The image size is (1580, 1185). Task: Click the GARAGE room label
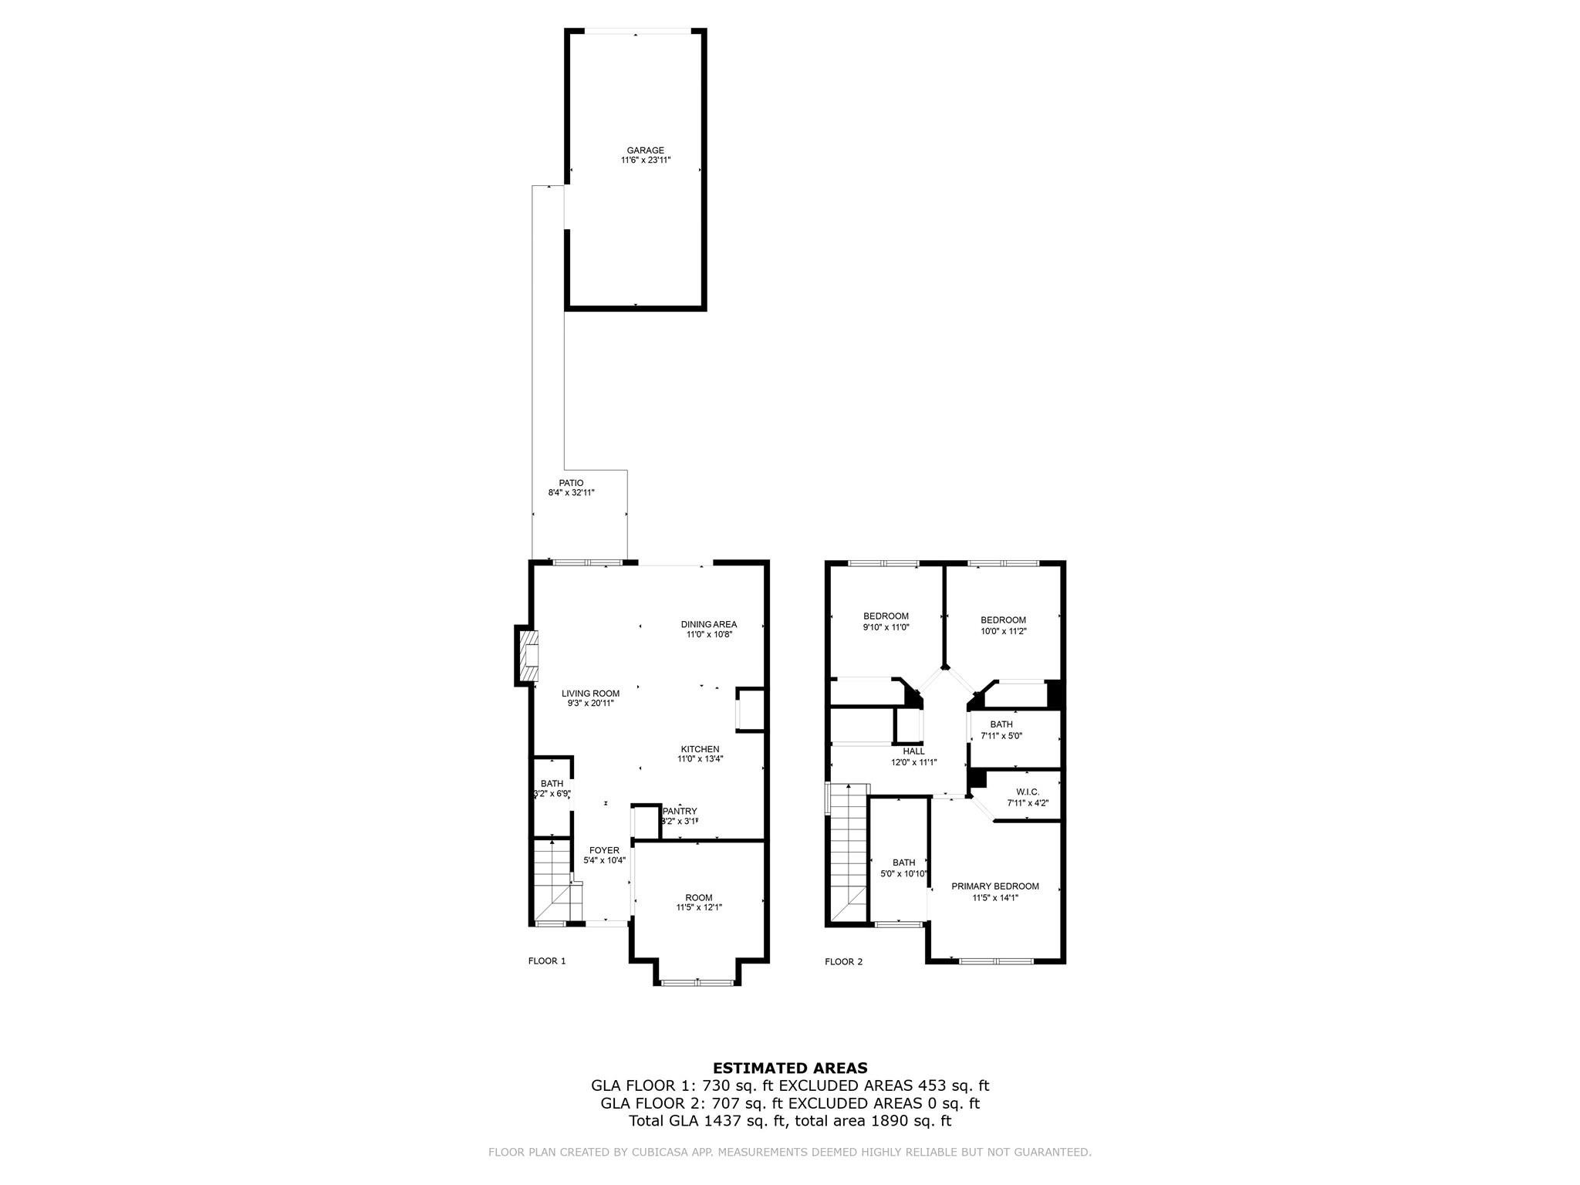645,150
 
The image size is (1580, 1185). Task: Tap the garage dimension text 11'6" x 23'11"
646,160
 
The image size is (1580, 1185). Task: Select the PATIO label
571,483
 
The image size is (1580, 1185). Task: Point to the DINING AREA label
708,624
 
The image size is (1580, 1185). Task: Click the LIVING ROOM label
590,694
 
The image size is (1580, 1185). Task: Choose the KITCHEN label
700,749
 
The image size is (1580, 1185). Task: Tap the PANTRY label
680,811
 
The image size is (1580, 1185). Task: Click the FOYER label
604,850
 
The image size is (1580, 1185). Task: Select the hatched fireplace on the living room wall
528,656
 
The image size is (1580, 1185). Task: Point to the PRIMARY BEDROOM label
994,886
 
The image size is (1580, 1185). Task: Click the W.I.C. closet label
1028,792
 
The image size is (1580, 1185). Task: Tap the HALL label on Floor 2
913,751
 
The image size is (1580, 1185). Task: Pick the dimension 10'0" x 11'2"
1003,630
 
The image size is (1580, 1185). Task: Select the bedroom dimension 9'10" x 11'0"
886,627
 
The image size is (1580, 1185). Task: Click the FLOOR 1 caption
546,961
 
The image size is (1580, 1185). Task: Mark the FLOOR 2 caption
843,962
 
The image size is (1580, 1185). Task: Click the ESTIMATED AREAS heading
790,1069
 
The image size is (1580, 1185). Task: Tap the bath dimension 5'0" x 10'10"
903,874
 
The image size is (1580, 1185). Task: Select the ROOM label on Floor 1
699,897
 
